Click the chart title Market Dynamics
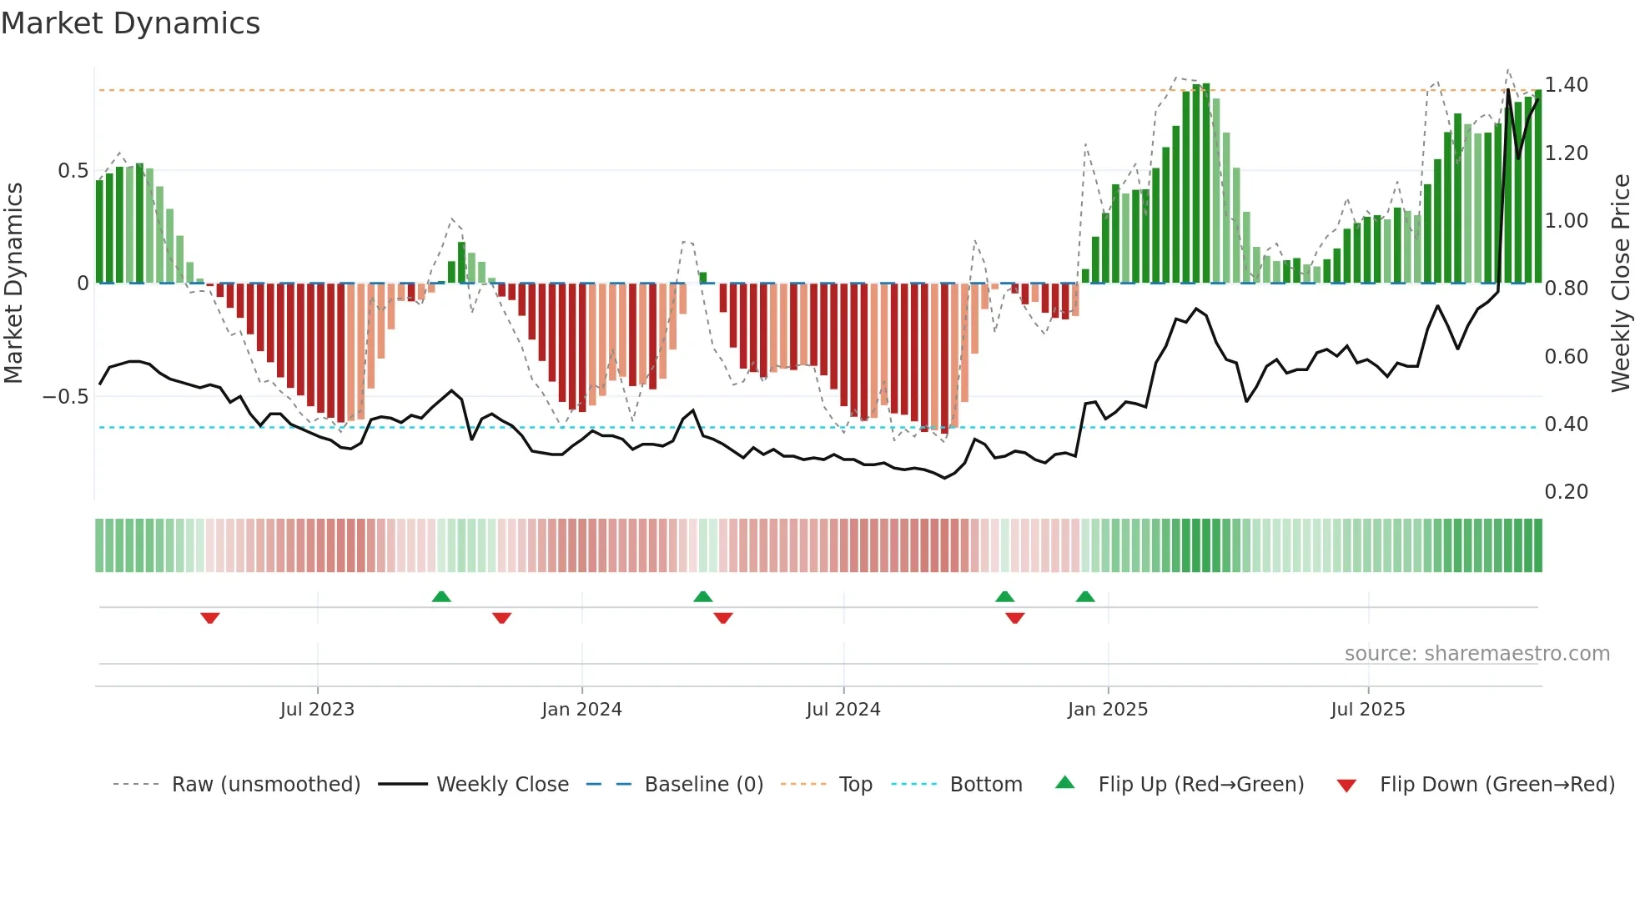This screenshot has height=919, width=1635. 130,23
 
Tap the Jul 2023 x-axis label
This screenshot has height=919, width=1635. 317,710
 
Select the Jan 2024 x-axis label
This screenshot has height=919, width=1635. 581,710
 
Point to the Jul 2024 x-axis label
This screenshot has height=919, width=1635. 843,710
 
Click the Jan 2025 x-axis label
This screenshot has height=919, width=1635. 1108,710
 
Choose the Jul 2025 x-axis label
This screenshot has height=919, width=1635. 1368,710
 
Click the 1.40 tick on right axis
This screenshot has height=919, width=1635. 1566,85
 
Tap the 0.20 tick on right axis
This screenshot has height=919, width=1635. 1566,492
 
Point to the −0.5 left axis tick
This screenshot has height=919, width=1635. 65,397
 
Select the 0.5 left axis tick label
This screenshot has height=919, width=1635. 73,171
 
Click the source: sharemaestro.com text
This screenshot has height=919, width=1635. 1477,654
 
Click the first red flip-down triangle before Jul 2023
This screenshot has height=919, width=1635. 210,618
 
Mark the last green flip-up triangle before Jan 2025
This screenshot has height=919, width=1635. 1085,596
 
